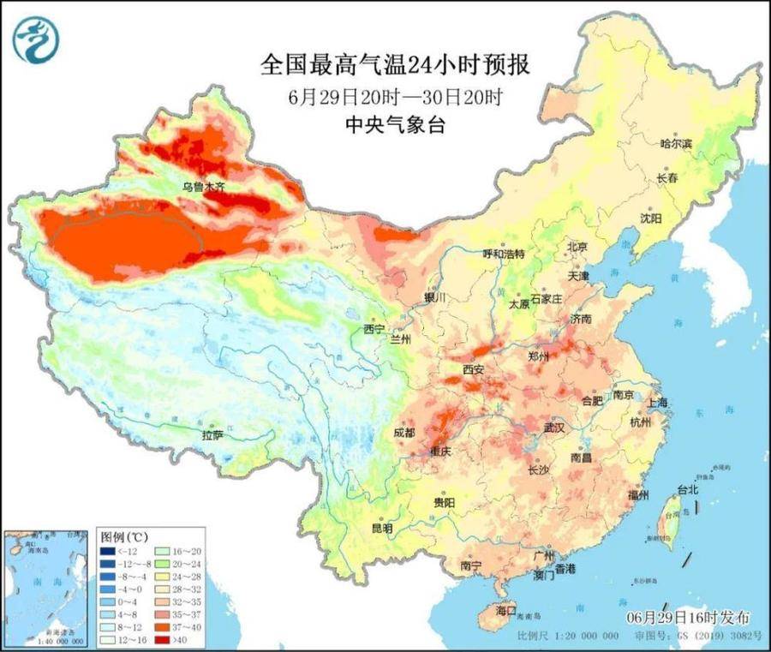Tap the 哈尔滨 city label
pyautogui.click(x=676, y=144)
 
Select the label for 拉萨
pyautogui.click(x=212, y=436)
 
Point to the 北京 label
pyautogui.click(x=577, y=247)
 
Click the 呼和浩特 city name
pyautogui.click(x=503, y=254)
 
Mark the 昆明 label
pyautogui.click(x=381, y=529)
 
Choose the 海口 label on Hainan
pyautogui.click(x=506, y=611)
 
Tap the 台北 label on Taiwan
pyautogui.click(x=688, y=490)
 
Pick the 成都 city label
pyautogui.click(x=404, y=434)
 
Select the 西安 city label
pyautogui.click(x=474, y=369)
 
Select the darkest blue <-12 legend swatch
pyautogui.click(x=107, y=551)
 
